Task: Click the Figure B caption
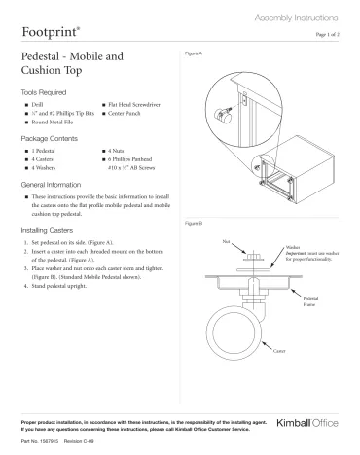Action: point(194,225)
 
